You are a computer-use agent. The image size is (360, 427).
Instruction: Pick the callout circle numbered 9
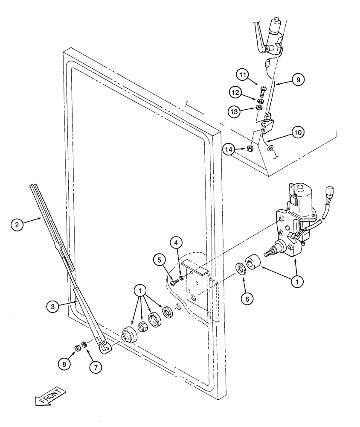tap(298, 79)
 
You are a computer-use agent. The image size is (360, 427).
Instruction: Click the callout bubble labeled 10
tap(298, 132)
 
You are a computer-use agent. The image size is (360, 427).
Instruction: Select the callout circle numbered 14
tap(229, 149)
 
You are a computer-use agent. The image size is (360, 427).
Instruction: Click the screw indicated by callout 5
tap(173, 282)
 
